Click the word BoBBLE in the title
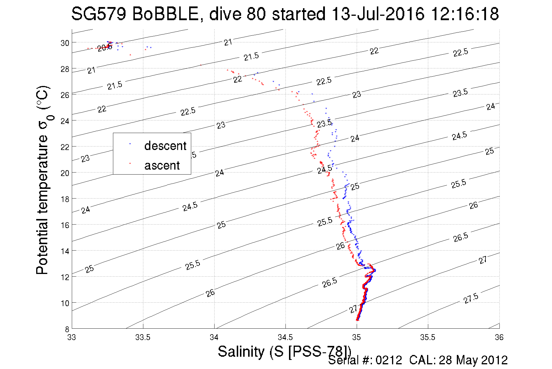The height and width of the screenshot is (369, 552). [165, 14]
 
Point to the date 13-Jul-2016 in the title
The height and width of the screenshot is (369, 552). [378, 14]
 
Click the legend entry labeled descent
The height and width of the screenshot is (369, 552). [165, 146]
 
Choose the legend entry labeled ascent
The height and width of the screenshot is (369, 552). [162, 165]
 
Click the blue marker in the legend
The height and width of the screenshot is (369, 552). [130, 144]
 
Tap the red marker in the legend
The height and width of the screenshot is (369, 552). [130, 163]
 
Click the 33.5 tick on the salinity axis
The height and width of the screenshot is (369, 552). [143, 337]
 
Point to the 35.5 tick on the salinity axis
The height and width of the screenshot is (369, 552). [428, 337]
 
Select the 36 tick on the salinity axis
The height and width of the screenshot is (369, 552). [499, 337]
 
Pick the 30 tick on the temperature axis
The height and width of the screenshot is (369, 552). [65, 43]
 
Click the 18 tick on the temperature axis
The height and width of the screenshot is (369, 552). [65, 199]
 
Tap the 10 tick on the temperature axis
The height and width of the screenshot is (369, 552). [65, 303]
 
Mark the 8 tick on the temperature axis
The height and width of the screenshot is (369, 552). [67, 329]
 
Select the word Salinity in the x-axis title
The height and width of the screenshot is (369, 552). [241, 351]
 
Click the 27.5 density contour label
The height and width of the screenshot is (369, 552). [471, 299]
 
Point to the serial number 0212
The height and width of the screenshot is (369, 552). [389, 360]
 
